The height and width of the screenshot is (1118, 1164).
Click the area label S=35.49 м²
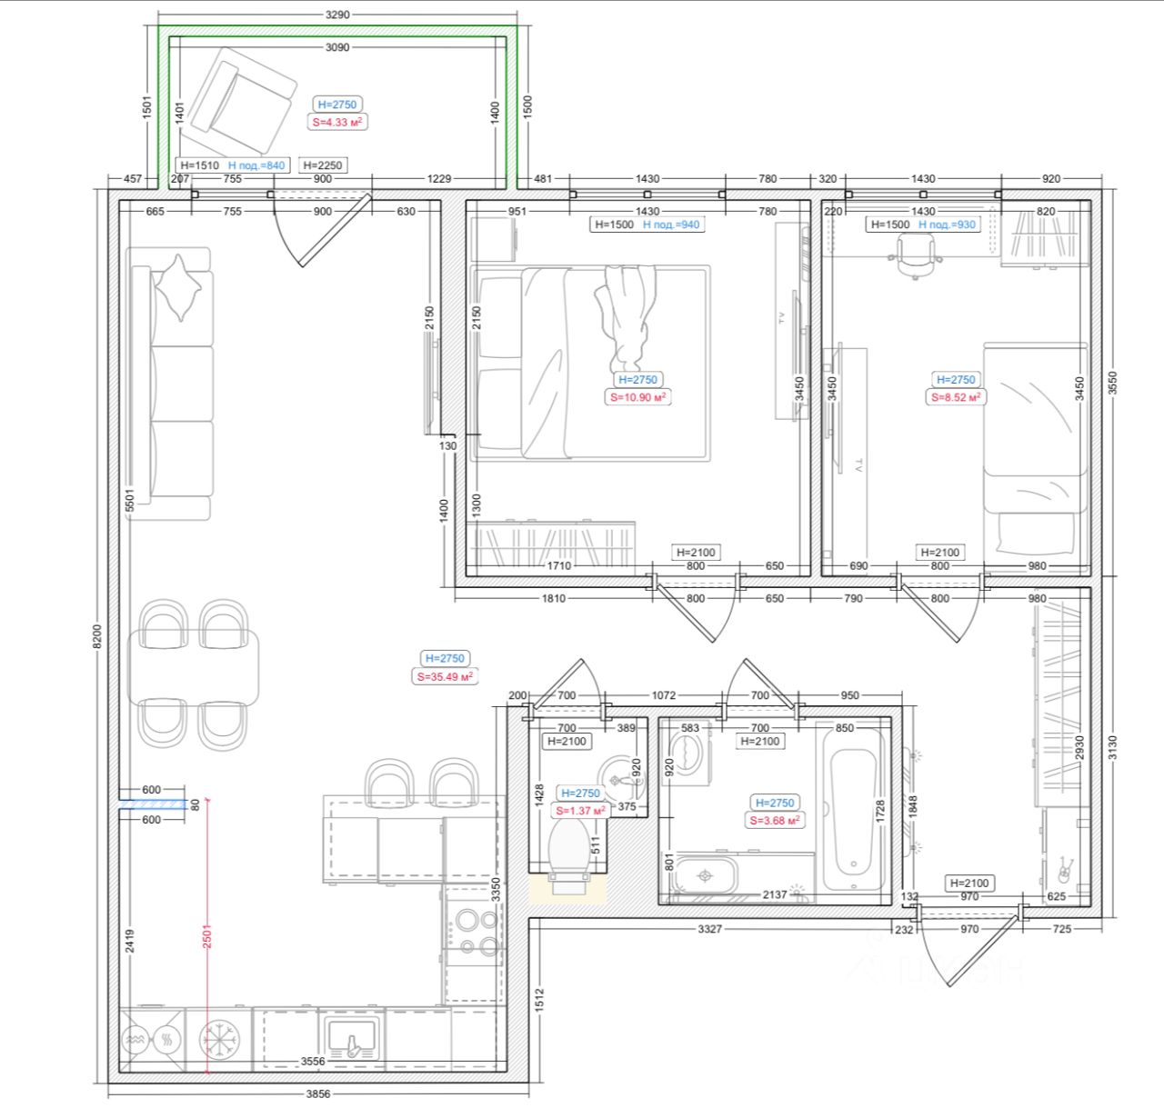click(445, 677)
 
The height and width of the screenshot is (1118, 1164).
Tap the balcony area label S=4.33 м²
click(336, 122)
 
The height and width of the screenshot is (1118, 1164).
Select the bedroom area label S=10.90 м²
click(637, 397)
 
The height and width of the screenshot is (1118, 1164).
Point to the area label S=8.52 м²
click(955, 397)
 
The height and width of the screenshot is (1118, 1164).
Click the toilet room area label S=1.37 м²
click(580, 811)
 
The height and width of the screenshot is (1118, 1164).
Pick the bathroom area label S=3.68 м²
click(775, 820)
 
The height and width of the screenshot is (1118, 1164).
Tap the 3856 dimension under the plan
click(318, 1093)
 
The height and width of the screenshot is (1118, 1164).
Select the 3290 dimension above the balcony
click(337, 15)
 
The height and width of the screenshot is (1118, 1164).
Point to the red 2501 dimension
click(207, 936)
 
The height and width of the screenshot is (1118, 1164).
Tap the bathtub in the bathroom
click(853, 809)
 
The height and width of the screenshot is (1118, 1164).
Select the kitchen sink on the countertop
click(351, 1041)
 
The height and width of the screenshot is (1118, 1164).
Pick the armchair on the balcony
click(238, 102)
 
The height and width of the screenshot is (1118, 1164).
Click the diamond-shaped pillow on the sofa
click(178, 287)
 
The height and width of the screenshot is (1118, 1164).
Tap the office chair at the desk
click(915, 255)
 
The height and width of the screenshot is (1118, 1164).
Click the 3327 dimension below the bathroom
click(710, 928)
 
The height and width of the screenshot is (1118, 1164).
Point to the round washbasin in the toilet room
click(620, 780)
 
